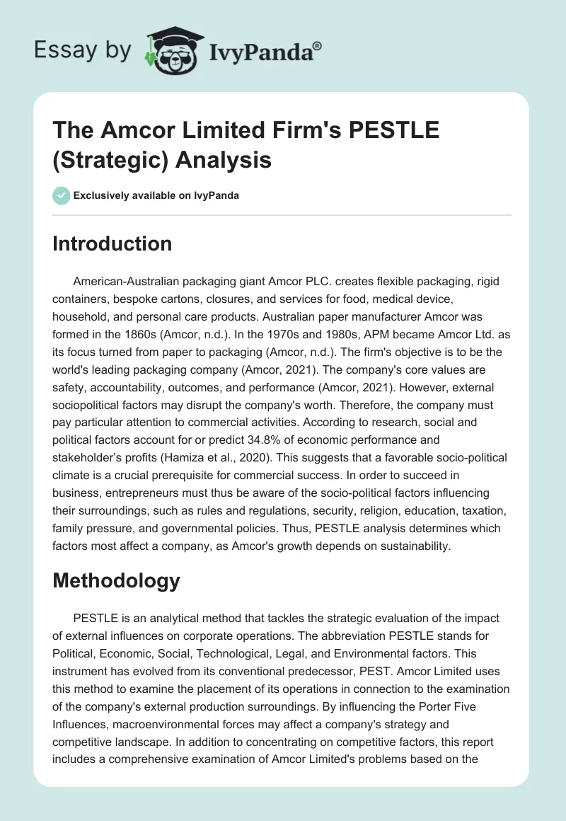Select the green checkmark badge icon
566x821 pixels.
pyautogui.click(x=61, y=195)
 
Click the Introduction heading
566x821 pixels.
pyautogui.click(x=112, y=243)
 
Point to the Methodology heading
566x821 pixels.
pyautogui.click(x=117, y=581)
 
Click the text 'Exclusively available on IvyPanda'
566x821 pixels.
pyautogui.click(x=156, y=195)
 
